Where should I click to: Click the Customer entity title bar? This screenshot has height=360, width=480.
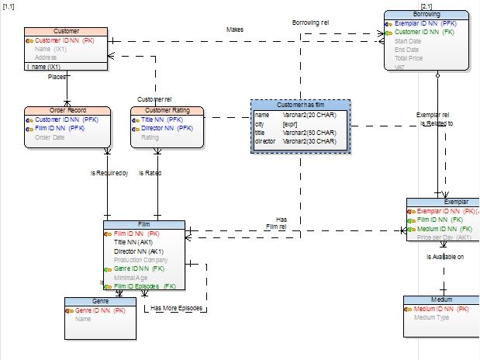66,30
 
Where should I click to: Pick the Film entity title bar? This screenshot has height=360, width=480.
143,224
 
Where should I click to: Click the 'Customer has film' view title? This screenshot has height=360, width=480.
300,105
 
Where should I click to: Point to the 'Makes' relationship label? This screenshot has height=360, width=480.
235,29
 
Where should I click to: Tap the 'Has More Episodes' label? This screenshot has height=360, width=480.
178,309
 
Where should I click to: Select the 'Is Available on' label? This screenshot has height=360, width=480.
445,256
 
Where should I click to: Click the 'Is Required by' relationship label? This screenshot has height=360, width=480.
109,173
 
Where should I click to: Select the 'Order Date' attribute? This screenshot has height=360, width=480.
50,137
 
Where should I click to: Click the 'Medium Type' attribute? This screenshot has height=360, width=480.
433,317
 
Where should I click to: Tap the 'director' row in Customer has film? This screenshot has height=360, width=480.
266,141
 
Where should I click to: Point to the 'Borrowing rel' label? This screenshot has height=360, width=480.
311,23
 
